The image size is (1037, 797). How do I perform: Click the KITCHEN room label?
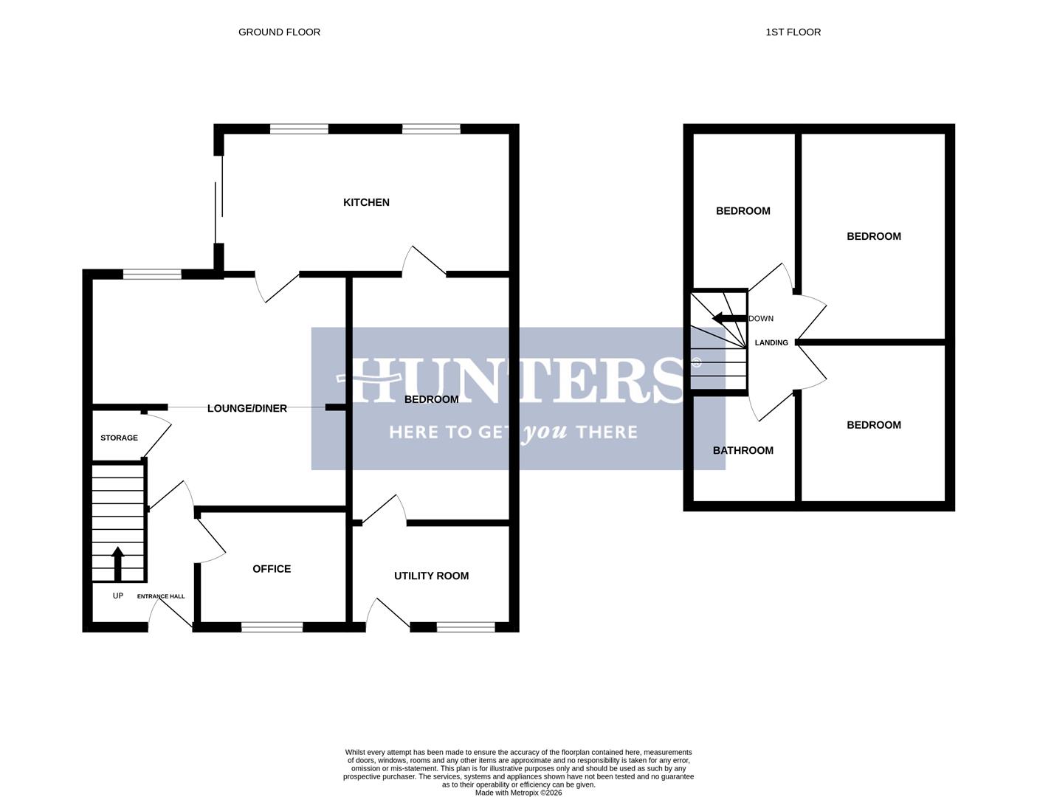(366, 202)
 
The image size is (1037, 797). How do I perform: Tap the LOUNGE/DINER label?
(247, 408)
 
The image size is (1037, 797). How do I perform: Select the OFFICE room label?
(272, 569)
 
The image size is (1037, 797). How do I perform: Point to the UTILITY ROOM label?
(431, 576)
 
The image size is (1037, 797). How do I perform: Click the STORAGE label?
(119, 438)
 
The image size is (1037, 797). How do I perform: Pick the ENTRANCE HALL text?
(161, 596)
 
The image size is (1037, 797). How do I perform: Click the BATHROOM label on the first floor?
(743, 450)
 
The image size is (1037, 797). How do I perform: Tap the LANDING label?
(771, 342)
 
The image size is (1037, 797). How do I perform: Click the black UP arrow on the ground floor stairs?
(117, 563)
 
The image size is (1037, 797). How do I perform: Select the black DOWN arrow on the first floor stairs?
(729, 319)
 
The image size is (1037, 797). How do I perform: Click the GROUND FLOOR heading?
(279, 32)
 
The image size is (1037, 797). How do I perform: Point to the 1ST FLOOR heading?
(793, 32)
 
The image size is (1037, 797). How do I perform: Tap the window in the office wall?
(272, 627)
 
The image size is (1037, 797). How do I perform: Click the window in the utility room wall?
(465, 627)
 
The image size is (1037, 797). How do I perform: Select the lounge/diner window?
(152, 275)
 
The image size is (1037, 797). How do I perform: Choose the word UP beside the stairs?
(118, 596)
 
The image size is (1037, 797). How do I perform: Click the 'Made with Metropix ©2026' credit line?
(518, 793)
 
